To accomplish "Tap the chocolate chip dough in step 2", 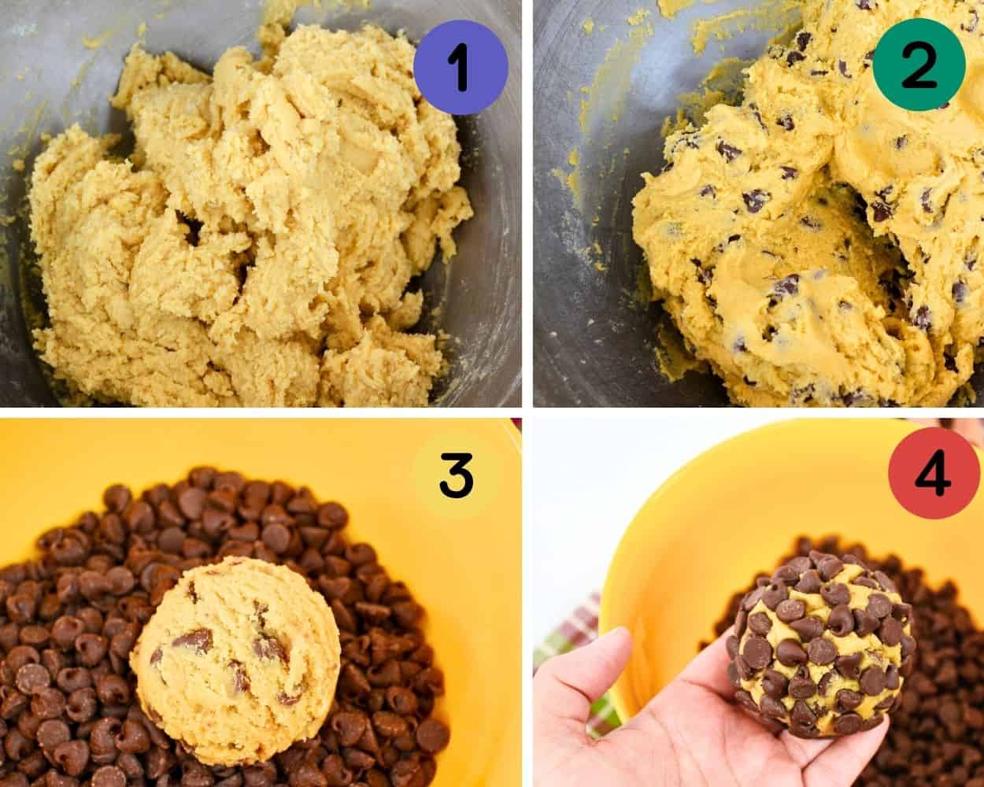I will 787,260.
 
